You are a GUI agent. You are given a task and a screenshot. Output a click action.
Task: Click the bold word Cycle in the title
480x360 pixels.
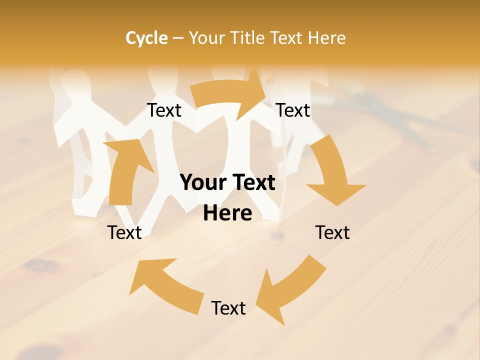point(146,38)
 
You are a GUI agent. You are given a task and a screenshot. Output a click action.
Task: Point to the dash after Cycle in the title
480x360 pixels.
point(177,38)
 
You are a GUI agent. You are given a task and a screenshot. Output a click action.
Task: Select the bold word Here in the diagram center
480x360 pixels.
point(227,213)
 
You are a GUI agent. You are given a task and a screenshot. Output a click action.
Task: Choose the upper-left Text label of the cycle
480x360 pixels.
point(164,110)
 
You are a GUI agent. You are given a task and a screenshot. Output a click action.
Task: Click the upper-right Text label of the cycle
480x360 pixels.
point(293,110)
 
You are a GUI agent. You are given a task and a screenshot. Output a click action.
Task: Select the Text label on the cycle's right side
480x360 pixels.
point(332,232)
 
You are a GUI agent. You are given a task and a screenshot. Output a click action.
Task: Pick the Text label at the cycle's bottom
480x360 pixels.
point(228,308)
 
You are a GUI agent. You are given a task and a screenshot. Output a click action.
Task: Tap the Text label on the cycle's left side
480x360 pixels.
point(124,232)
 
